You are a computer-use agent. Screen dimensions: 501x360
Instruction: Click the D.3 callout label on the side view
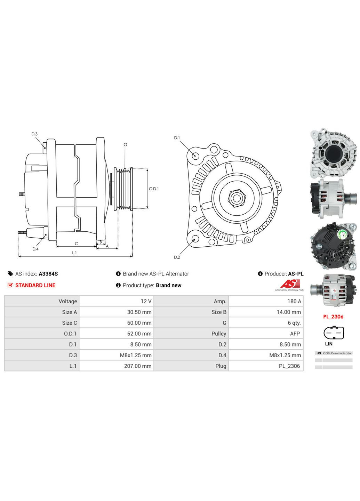(34, 134)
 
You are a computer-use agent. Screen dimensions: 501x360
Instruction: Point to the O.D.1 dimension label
(153, 189)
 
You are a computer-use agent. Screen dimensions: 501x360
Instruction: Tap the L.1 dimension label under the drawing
(74, 253)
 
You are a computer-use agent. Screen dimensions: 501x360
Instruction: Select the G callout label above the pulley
(125, 145)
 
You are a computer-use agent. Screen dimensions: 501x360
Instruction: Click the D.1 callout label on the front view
(177, 138)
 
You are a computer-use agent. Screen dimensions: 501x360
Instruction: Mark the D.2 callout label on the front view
(177, 257)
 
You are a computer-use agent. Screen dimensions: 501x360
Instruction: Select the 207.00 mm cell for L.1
(138, 366)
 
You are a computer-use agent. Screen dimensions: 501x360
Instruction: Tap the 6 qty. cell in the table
(294, 323)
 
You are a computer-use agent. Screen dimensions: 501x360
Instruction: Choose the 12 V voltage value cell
(146, 301)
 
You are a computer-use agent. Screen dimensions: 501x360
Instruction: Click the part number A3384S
(48, 274)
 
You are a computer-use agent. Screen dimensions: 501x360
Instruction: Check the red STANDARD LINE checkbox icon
(10, 285)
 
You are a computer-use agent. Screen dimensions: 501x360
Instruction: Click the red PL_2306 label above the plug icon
(333, 317)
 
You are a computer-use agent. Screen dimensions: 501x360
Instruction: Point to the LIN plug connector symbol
(334, 333)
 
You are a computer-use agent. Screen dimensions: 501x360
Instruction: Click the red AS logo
(290, 284)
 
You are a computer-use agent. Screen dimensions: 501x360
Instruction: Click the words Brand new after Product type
(169, 285)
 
